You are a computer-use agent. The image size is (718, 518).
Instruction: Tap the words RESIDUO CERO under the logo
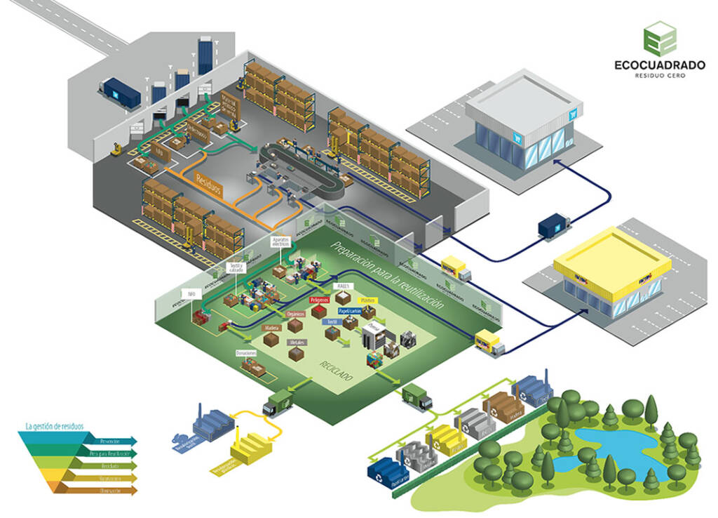click(x=659, y=76)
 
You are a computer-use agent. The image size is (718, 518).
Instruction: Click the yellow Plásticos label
click(x=367, y=300)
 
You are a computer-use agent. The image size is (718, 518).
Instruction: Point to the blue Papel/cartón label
click(x=350, y=310)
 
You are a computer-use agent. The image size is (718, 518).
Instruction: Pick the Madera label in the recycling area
click(x=271, y=328)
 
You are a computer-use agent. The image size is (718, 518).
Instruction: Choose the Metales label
click(x=297, y=342)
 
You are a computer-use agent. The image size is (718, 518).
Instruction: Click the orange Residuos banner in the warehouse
click(x=208, y=185)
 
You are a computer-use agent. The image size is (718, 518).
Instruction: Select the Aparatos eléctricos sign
click(x=281, y=243)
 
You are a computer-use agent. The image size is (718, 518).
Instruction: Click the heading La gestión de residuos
click(x=54, y=425)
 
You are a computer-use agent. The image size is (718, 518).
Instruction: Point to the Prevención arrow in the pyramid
click(x=109, y=441)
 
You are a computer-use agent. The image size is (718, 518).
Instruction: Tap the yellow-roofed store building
click(x=611, y=274)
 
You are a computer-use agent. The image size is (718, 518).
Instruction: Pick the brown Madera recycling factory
click(x=503, y=405)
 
